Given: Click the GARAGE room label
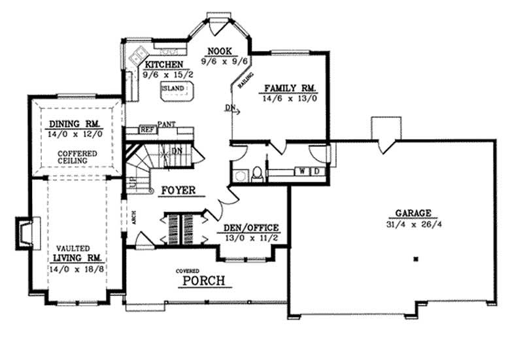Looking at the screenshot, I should pos(413,213).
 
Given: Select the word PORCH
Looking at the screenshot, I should pos(203,282).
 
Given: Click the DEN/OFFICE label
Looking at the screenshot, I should pos(252,228).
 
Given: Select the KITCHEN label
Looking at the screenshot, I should pos(163,65).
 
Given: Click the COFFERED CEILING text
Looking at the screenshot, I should pos(77,157).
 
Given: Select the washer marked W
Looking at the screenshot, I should pos(303,171).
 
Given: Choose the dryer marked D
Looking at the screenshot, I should pos(316,171).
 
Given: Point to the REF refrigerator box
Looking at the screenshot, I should pos(148,129).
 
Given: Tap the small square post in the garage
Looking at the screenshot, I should pos(414,259).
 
